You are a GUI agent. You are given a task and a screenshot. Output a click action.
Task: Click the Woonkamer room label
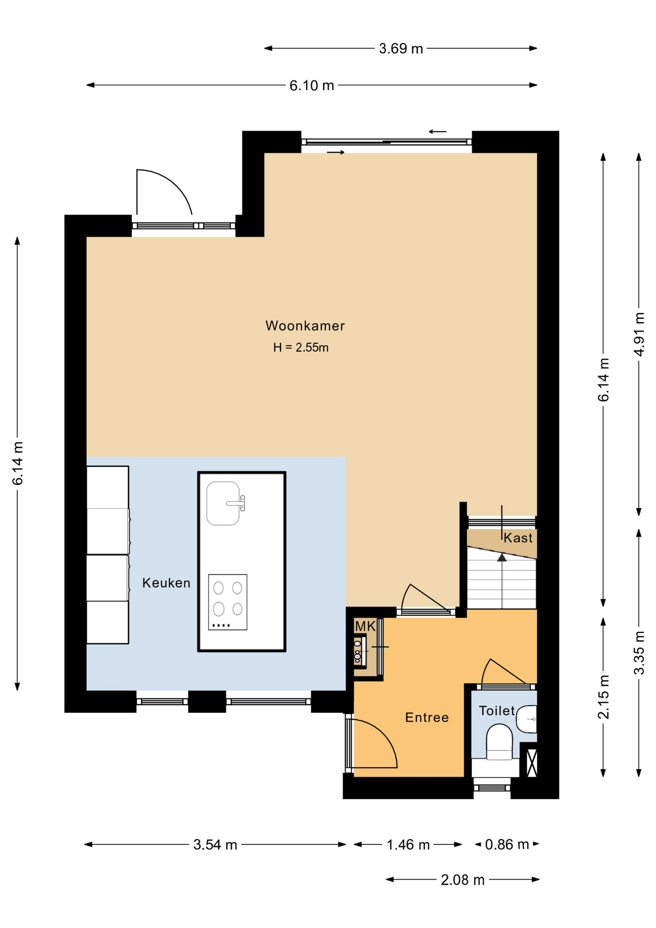click(x=305, y=326)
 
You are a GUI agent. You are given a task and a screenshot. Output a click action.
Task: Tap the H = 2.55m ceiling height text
click(x=300, y=348)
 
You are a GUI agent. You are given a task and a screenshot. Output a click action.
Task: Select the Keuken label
click(x=166, y=583)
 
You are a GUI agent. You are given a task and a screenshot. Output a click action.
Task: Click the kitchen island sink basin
click(x=223, y=503)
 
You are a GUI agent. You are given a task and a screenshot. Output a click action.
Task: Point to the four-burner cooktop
click(x=228, y=602)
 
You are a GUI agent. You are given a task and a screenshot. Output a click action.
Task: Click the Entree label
click(x=427, y=717)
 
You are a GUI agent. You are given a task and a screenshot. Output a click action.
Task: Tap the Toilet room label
click(x=497, y=710)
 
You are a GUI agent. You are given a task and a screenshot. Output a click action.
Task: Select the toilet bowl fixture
click(x=499, y=742)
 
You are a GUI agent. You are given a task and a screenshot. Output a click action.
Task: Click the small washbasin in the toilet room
click(x=527, y=719)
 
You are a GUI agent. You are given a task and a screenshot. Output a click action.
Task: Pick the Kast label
click(x=518, y=538)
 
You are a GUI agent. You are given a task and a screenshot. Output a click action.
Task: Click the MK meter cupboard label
click(x=365, y=626)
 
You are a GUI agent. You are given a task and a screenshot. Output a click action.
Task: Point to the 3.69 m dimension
click(x=401, y=48)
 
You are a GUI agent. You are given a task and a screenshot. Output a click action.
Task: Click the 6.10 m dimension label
click(x=312, y=86)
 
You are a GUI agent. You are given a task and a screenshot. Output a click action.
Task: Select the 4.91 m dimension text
click(x=639, y=334)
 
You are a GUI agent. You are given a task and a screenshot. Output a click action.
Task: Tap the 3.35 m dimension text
click(x=639, y=652)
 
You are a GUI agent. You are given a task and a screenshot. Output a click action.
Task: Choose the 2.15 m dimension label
click(x=604, y=697)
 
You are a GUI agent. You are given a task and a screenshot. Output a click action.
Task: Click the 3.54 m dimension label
click(x=215, y=844)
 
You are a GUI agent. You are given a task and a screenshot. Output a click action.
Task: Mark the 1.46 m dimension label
click(x=408, y=844)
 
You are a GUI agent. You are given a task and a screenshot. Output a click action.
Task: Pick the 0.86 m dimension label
click(x=507, y=844)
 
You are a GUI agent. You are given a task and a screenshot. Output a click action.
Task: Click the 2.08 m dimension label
click(x=462, y=880)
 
